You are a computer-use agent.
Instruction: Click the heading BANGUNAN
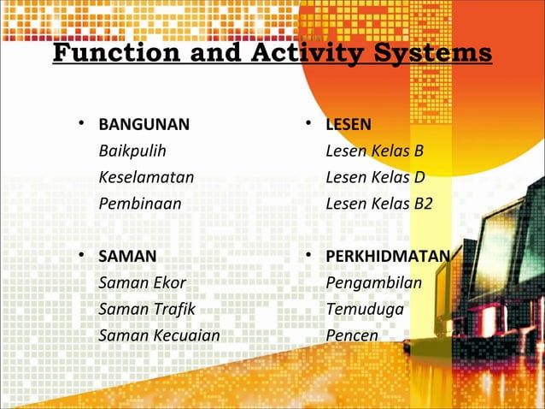(x=144, y=125)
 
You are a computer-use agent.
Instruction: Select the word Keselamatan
(x=146, y=178)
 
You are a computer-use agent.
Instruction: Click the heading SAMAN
(x=127, y=256)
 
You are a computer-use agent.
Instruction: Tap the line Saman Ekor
(x=142, y=282)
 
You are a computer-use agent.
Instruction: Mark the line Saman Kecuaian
(x=159, y=335)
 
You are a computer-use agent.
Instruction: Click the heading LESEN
(x=349, y=125)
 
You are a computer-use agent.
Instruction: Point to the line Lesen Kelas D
(x=375, y=178)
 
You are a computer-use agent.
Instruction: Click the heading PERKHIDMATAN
(x=388, y=256)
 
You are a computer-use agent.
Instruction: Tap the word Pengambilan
(x=374, y=282)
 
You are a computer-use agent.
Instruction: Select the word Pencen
(x=352, y=335)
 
